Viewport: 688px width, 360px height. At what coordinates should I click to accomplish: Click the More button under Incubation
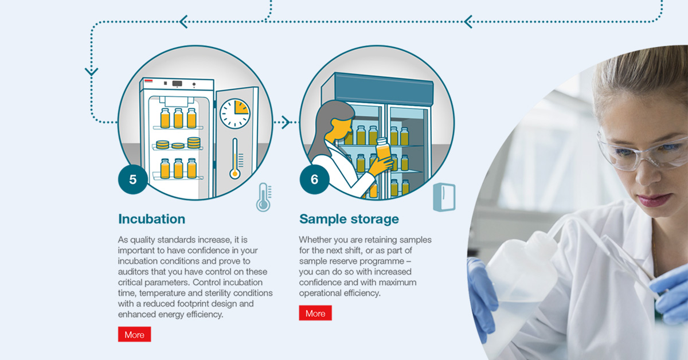click(135, 334)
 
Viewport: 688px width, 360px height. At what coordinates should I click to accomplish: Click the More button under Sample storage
click(315, 313)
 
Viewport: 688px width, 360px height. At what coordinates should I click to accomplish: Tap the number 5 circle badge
click(132, 179)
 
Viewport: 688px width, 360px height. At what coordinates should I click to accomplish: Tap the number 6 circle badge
click(314, 179)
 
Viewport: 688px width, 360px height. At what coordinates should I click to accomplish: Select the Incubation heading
click(152, 219)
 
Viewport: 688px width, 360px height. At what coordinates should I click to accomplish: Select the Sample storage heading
click(349, 219)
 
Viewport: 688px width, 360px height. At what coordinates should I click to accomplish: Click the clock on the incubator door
click(235, 114)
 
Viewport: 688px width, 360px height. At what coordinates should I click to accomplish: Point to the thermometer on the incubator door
click(235, 158)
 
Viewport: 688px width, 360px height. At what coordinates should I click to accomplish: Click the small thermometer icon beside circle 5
click(264, 197)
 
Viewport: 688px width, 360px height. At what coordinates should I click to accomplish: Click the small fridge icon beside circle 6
click(444, 197)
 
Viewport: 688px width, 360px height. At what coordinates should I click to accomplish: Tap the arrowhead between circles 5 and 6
click(286, 122)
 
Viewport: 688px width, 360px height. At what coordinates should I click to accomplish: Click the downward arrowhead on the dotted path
click(92, 72)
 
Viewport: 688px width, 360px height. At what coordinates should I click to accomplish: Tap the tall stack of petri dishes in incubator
click(194, 143)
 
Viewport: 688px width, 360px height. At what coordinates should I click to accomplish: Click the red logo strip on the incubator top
click(148, 81)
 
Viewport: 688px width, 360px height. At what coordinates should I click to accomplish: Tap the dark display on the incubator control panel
click(177, 83)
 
